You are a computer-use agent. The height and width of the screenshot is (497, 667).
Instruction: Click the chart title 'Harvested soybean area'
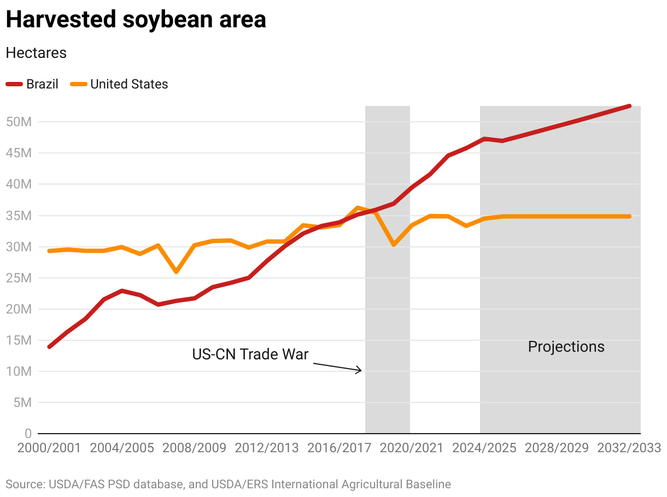(136, 20)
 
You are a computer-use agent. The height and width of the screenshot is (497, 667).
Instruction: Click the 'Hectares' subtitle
(36, 53)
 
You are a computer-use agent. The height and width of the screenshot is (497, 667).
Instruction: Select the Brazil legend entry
(32, 84)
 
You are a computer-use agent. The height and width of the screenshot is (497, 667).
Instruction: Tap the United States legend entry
(121, 84)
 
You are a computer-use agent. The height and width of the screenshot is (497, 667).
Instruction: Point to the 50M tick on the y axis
(20, 122)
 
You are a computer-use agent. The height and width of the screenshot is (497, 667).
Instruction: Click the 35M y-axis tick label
(20, 216)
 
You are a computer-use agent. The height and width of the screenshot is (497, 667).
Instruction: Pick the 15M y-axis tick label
(20, 340)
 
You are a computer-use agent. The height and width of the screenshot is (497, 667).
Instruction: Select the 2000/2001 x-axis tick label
(49, 448)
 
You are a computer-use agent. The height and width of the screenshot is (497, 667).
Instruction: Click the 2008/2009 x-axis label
(194, 448)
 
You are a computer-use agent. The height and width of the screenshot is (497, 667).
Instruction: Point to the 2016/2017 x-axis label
(340, 448)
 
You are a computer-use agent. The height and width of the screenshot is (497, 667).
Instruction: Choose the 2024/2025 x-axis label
(484, 448)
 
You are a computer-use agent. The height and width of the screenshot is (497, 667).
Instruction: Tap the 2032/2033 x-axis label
(629, 448)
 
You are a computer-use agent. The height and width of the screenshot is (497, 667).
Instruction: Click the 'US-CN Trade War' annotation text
(250, 354)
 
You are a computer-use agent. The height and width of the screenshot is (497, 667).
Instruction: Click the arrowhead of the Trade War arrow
(360, 370)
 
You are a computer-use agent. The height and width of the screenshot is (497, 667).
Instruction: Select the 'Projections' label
(566, 347)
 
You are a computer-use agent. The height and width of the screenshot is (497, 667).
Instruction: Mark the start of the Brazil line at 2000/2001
(50, 347)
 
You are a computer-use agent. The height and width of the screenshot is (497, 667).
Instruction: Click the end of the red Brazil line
(629, 106)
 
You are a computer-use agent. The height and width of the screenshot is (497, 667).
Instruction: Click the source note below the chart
(229, 484)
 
